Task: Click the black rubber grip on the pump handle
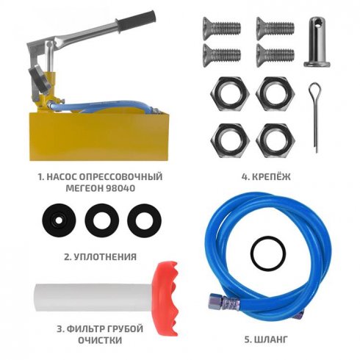[x=135, y=21]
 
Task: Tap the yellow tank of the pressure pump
[x=98, y=136]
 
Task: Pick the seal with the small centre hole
[x=59, y=220]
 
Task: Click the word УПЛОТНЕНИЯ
[x=105, y=257]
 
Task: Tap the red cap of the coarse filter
[x=165, y=298]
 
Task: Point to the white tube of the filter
[x=93, y=298]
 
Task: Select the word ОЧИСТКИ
[x=100, y=340]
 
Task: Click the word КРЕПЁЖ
[x=271, y=176]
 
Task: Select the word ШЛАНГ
[x=271, y=339]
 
